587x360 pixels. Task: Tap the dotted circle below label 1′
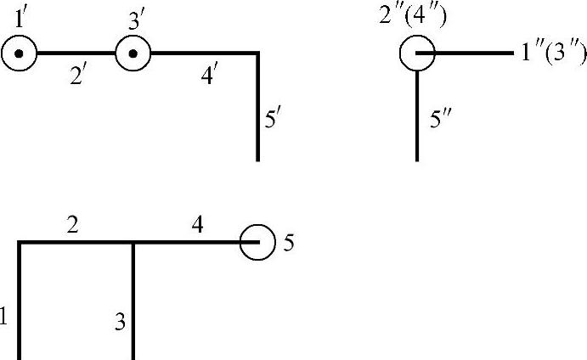pos(19,55)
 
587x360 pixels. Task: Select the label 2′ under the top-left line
pos(79,76)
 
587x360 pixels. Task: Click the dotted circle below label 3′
pos(133,55)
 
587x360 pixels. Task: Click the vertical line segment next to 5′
pos(257,110)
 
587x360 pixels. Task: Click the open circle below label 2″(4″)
pos(417,53)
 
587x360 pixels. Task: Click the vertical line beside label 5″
pos(417,115)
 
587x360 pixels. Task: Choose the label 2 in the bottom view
pos(74,225)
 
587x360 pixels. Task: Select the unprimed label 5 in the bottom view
pos(289,244)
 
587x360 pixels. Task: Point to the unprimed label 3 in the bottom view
pos(121,322)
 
